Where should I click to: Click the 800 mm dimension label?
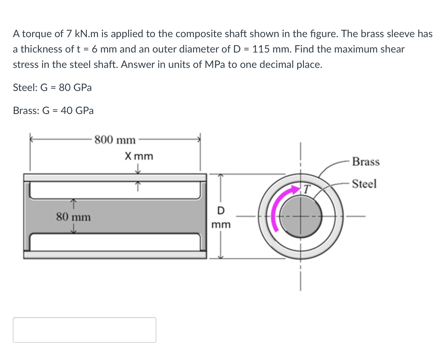point(115,140)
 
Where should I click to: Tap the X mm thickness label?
point(139,156)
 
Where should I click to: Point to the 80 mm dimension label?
point(73,217)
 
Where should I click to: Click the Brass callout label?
point(366,162)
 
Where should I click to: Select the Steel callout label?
point(364,184)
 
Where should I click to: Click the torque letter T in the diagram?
point(307,189)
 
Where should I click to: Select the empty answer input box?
point(85,330)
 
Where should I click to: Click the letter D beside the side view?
point(221,210)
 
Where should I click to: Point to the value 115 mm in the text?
point(272,49)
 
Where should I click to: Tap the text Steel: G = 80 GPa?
point(52,87)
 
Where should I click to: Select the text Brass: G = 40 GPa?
point(53,110)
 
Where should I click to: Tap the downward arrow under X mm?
point(138,169)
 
